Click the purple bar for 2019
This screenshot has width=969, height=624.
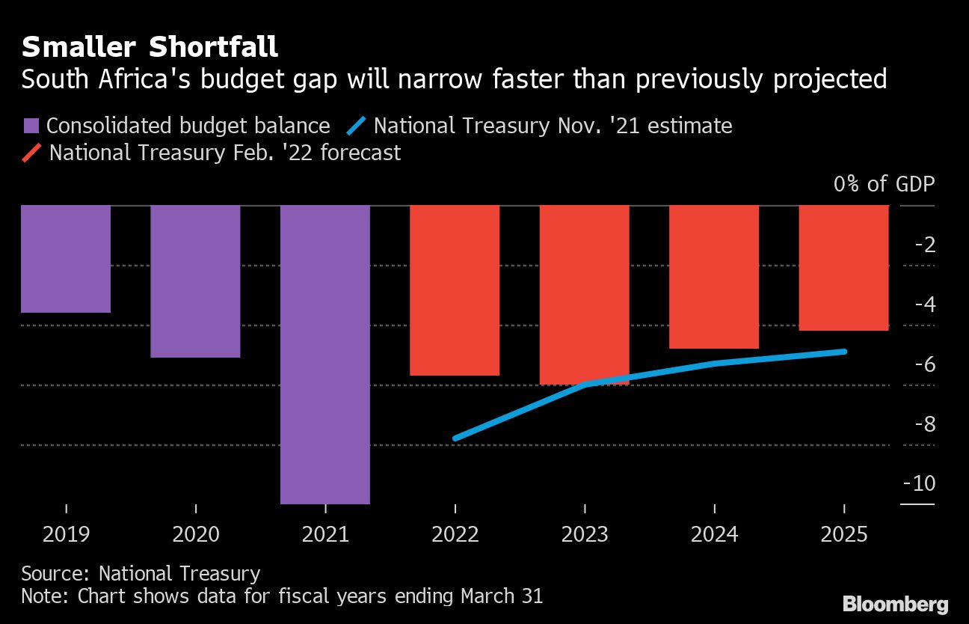coord(66,258)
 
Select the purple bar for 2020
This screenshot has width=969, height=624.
coord(195,281)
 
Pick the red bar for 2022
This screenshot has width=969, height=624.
coord(455,290)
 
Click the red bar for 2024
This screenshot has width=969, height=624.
coord(714,276)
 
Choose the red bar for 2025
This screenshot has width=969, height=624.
coord(843,267)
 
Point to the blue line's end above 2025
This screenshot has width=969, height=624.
coord(845,351)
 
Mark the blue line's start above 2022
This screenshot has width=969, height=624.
coord(455,438)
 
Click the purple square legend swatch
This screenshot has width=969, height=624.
coord(31,126)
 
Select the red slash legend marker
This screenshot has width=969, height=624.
coord(31,153)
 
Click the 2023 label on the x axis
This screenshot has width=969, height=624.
coord(584,535)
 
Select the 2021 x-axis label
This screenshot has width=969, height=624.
coord(325,535)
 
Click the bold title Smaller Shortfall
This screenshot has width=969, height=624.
coord(150,47)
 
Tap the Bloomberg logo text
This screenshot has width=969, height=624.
coord(895,604)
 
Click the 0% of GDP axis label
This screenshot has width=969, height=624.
coord(884,184)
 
